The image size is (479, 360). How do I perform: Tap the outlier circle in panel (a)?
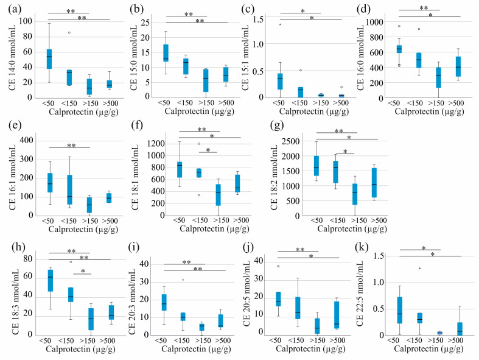(69, 33)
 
